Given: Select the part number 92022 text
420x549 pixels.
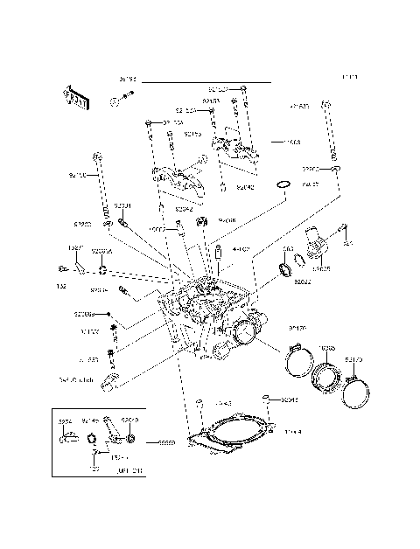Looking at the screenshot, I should click(x=303, y=282).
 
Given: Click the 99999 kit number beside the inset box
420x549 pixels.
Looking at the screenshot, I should click(x=165, y=443).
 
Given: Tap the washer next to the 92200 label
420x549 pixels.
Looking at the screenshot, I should click(x=106, y=226).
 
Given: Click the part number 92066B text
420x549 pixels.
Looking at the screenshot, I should click(x=84, y=313).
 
